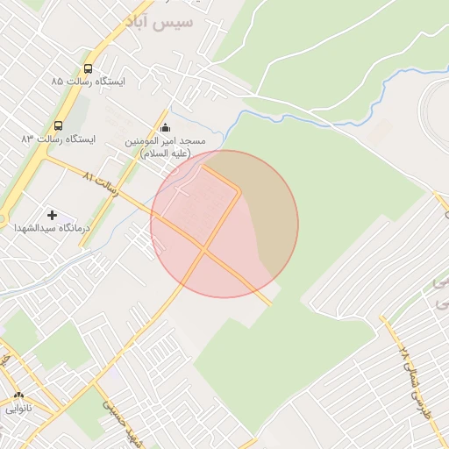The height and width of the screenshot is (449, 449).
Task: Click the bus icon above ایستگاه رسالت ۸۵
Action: coord(88,68)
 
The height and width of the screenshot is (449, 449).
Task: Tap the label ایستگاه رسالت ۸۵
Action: coord(88,82)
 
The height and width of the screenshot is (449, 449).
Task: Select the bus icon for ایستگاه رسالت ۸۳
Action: coord(59,125)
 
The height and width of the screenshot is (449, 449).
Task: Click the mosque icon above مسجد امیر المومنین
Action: coord(165,128)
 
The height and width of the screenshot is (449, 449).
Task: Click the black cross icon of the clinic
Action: coord(52,214)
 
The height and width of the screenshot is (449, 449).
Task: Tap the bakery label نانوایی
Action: coord(18,408)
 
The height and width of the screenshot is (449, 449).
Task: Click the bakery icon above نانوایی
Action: coord(18,396)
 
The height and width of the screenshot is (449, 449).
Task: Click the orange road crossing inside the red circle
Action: coord(205,250)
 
